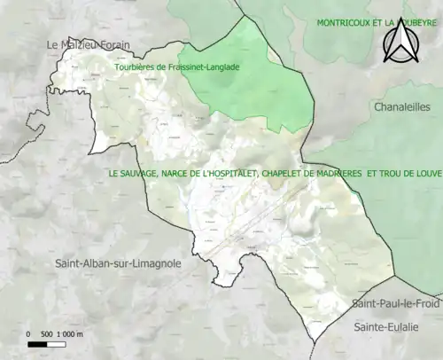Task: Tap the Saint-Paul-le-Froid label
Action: click(395, 303)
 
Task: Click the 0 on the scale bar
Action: click(28, 334)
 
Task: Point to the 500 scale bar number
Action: click(46, 334)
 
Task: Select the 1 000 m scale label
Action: click(70, 334)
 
